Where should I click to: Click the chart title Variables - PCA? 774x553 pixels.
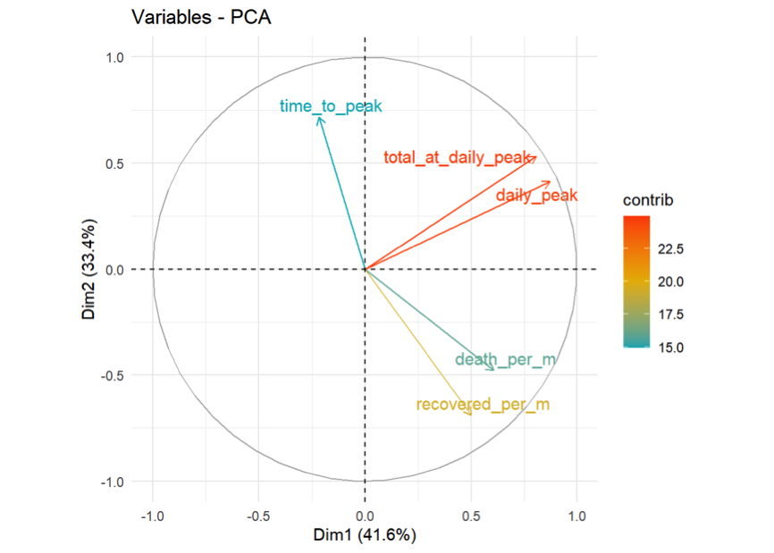coord(200,18)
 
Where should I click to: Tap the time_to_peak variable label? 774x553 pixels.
coord(330,106)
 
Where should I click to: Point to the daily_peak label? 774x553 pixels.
coord(536,196)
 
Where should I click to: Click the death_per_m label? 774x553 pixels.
coord(505,360)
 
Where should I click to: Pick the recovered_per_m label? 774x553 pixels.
coord(483,405)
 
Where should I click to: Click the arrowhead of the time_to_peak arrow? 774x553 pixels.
coord(318,117)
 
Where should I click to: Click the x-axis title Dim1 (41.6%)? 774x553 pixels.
coord(364,536)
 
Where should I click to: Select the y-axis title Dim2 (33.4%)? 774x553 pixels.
coord(91,269)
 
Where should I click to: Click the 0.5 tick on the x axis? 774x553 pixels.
coord(471,516)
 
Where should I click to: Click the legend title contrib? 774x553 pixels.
coord(647,200)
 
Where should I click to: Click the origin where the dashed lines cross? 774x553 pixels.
coord(365,269)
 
